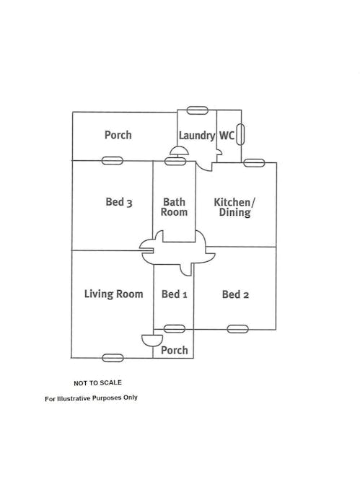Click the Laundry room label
(197, 136)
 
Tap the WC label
(227, 136)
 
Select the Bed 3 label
(119, 202)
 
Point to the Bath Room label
(174, 207)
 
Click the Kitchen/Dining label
(234, 207)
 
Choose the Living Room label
(114, 294)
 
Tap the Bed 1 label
(175, 294)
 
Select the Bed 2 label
(235, 294)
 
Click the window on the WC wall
(240, 134)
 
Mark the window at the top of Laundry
(197, 110)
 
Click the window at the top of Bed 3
(113, 161)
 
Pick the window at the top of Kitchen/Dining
(254, 163)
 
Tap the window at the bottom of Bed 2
(237, 329)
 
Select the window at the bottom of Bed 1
(175, 328)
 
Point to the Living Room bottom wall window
(113, 358)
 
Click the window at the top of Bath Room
(175, 161)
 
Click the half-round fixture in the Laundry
(179, 151)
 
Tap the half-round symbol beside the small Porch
(152, 340)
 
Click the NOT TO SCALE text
(97, 383)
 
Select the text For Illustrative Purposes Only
(91, 398)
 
